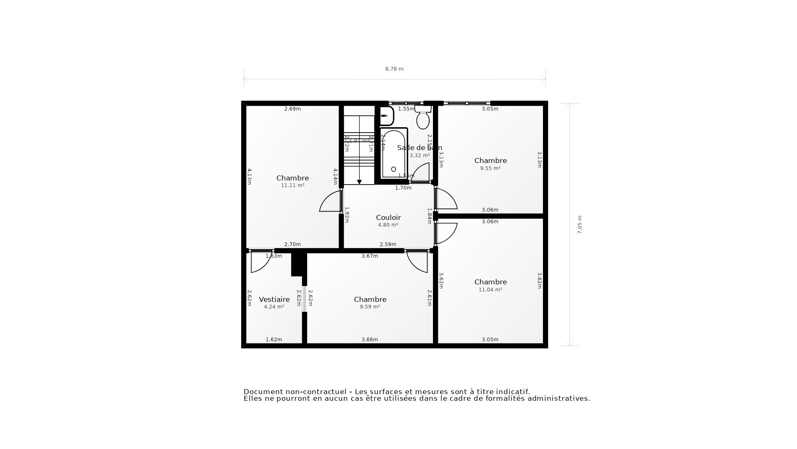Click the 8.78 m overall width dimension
coord(394,69)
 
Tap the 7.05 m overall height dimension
coord(580,224)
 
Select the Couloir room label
coord(388,217)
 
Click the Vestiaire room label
coord(274,299)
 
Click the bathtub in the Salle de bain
coord(394,154)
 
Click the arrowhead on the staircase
coord(359,182)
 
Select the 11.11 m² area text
coord(293,185)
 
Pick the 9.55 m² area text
coord(490,168)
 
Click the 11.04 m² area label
coord(490,290)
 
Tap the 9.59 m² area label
coord(370,307)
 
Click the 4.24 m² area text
coord(274,307)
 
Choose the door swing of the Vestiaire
coord(260,262)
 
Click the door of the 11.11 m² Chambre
coord(330,202)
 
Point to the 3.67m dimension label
coord(369,256)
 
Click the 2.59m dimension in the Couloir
coord(388,244)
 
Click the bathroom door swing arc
coord(421,172)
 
